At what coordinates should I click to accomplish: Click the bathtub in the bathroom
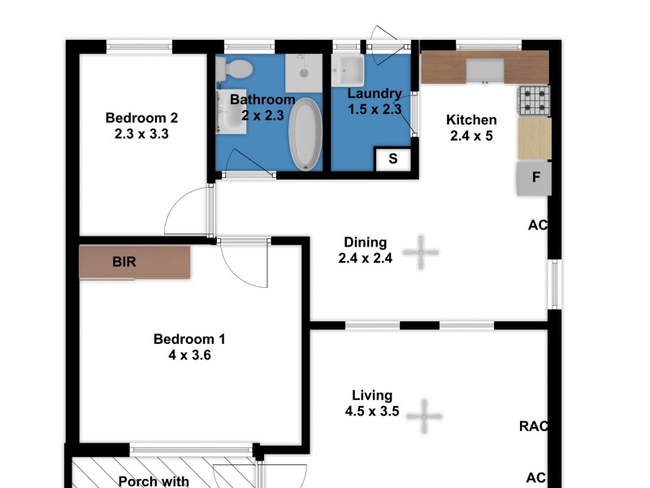click(x=306, y=134)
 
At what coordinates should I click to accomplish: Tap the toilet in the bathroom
click(x=238, y=68)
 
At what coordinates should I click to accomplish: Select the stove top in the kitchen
click(x=534, y=100)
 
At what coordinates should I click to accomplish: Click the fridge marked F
click(x=535, y=178)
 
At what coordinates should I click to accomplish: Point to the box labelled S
click(x=393, y=159)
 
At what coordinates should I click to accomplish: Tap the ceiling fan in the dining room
click(x=422, y=252)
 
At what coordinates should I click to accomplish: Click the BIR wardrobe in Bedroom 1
click(x=135, y=263)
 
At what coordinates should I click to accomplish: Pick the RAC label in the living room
click(x=533, y=425)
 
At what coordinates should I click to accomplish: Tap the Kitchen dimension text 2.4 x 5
click(x=471, y=136)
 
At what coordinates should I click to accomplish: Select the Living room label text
click(x=371, y=396)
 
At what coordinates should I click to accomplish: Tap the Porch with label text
click(x=154, y=481)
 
